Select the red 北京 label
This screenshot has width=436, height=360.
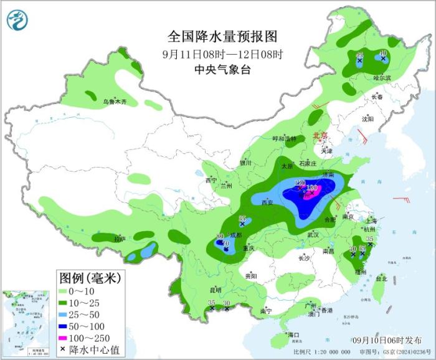[x=319, y=135]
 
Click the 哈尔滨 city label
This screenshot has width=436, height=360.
[x=382, y=78]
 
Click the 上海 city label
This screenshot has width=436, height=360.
[x=371, y=220]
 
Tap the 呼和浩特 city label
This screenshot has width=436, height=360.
[x=284, y=138]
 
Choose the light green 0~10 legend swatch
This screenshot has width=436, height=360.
[x=65, y=290]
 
